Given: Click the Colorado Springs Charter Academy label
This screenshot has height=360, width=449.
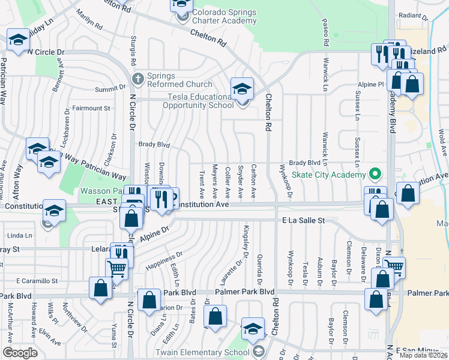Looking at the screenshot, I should coord(224,17).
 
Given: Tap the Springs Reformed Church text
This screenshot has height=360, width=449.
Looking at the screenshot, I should coord(179,80).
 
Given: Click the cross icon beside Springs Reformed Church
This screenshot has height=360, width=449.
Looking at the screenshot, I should coord(137,78).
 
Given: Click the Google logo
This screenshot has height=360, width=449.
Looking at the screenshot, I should coord(20,353).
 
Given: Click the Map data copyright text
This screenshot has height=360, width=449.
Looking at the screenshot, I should coord(424,355).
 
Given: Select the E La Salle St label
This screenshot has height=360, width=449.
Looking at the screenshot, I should coord(304,221).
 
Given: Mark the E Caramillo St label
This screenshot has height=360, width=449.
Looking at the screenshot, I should coord(37,280).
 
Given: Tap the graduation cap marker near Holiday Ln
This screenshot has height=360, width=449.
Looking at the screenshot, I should coord(19,41).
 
